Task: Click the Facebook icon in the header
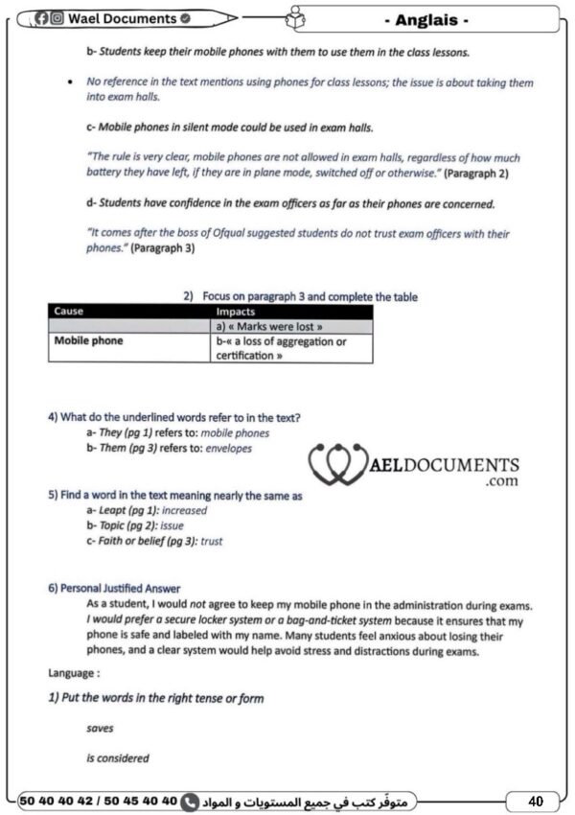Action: pyautogui.click(x=44, y=18)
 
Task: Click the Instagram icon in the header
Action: pyautogui.click(x=57, y=18)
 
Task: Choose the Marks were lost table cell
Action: pyautogui.click(x=263, y=327)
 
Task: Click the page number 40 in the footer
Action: pyautogui.click(x=536, y=799)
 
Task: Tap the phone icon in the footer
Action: pyautogui.click(x=190, y=799)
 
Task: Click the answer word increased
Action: pyautogui.click(x=184, y=511)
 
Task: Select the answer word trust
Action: pyautogui.click(x=211, y=541)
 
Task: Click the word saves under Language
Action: pyautogui.click(x=100, y=729)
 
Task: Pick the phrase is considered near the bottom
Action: pyautogui.click(x=117, y=758)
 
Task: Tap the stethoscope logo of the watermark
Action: pyautogui.click(x=335, y=466)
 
